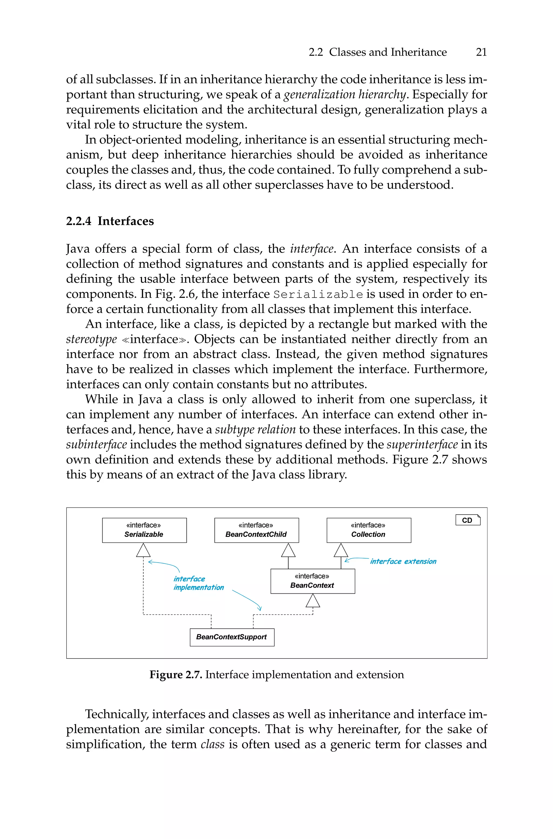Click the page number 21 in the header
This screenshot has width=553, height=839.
click(481, 52)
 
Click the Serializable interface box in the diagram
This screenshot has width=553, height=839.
click(144, 530)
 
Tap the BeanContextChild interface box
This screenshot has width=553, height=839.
click(257, 530)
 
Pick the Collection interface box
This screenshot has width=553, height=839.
click(369, 530)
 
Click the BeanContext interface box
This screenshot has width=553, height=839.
click(312, 581)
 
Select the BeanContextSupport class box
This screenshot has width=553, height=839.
click(232, 637)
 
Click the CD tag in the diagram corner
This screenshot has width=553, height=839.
click(468, 520)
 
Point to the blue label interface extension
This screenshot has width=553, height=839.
click(403, 561)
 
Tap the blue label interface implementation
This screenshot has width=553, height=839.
click(198, 583)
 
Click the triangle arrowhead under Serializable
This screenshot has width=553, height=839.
click(143, 550)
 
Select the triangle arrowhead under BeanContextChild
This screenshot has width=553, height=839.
click(288, 550)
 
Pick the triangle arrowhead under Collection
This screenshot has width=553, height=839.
click(341, 550)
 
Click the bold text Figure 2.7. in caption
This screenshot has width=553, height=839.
click(176, 675)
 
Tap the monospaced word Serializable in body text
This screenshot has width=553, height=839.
click(318, 294)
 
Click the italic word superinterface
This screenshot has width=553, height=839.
click(422, 444)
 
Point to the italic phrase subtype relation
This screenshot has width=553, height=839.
click(255, 429)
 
